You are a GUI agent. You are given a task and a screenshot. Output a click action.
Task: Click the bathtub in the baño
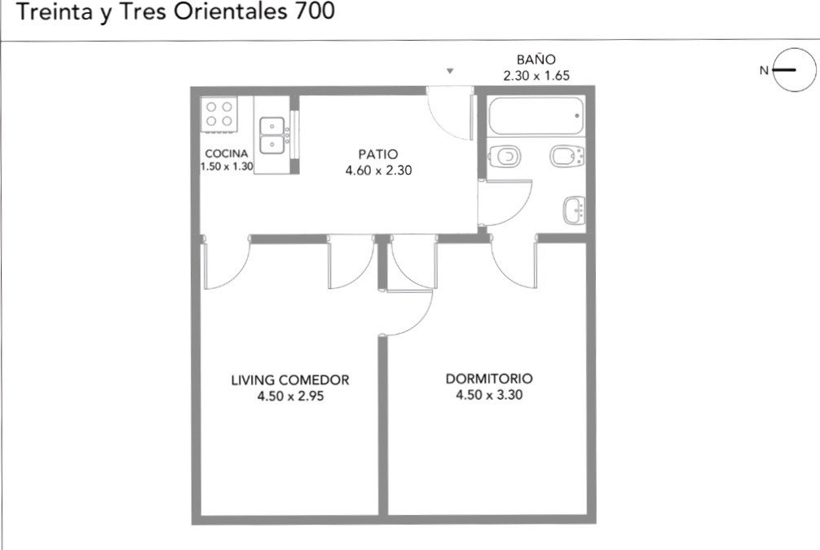[x=536, y=116]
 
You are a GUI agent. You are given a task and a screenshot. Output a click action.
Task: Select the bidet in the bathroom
[x=567, y=155]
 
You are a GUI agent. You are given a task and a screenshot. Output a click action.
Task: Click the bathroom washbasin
[x=574, y=211]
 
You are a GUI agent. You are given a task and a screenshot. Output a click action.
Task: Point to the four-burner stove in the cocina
[x=219, y=114]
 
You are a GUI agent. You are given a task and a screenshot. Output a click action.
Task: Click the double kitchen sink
[x=272, y=135]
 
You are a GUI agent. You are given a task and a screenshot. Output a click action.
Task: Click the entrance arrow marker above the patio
[x=450, y=71]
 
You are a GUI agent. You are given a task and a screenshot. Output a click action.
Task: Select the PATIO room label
[x=378, y=154]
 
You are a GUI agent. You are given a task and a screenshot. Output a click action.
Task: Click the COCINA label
[x=227, y=154]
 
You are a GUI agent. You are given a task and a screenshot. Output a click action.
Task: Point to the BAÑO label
[x=536, y=59]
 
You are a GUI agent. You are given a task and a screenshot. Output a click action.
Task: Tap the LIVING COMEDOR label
[x=290, y=380]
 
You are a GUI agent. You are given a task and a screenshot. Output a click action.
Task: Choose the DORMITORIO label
[x=489, y=379]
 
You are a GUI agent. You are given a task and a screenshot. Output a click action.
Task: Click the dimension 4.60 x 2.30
[x=379, y=170]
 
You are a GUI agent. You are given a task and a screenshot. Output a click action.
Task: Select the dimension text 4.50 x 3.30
[x=489, y=395]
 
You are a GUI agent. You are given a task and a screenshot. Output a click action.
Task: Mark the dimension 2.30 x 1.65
[x=536, y=75]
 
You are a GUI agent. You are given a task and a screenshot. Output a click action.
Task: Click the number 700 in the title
[x=315, y=11]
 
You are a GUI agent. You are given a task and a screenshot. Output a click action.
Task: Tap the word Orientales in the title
[x=231, y=11]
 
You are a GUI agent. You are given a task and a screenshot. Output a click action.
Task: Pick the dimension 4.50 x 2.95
[x=290, y=396]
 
